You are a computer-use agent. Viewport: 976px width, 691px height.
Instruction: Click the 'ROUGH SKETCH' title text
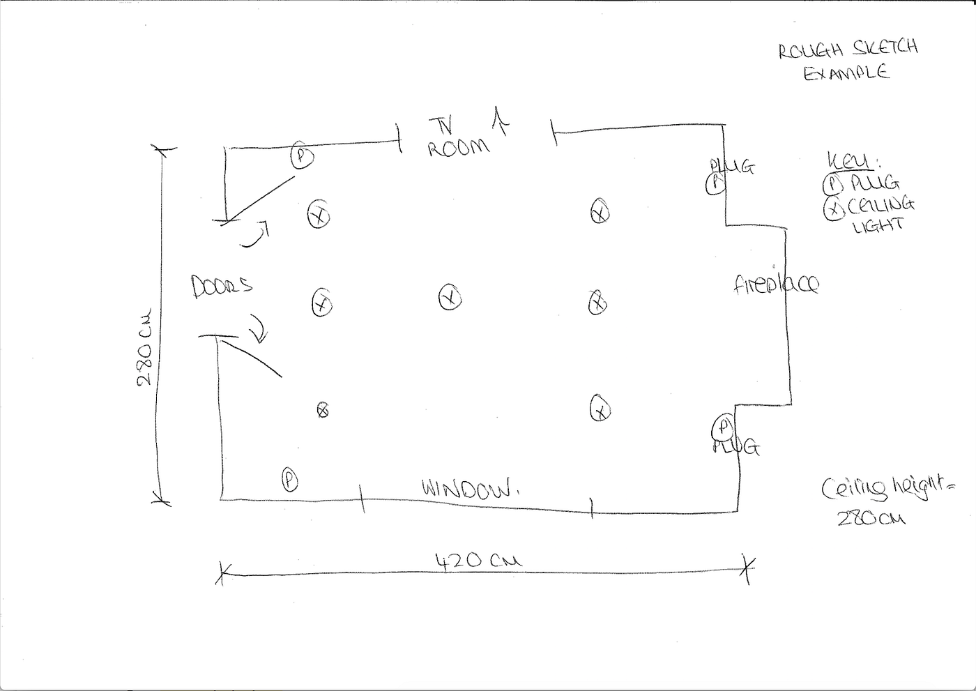click(x=848, y=49)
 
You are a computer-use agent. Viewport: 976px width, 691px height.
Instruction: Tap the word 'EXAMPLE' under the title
click(x=846, y=73)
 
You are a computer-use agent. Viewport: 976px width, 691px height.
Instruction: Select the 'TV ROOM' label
click(x=457, y=138)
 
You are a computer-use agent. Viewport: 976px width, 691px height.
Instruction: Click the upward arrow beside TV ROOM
click(x=500, y=119)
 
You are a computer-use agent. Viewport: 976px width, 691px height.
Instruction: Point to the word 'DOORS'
click(x=222, y=286)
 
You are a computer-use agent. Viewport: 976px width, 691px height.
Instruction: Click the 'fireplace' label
click(x=776, y=284)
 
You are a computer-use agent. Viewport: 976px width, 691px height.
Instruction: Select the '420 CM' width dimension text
click(x=478, y=560)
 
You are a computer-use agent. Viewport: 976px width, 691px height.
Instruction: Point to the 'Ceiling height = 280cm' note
click(x=883, y=499)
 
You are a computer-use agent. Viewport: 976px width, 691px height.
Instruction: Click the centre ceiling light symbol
click(x=450, y=298)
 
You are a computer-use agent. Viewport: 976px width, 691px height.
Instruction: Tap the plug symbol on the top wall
click(x=301, y=155)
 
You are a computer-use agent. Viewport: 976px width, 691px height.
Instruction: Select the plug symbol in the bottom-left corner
click(x=289, y=479)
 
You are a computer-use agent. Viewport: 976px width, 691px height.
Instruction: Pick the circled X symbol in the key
click(x=834, y=208)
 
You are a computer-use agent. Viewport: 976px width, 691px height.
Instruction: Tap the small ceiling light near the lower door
click(x=322, y=411)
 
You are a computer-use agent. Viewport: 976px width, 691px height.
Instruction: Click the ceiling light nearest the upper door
click(x=319, y=215)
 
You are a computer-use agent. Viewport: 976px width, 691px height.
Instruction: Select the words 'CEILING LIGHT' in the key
click(x=880, y=214)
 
